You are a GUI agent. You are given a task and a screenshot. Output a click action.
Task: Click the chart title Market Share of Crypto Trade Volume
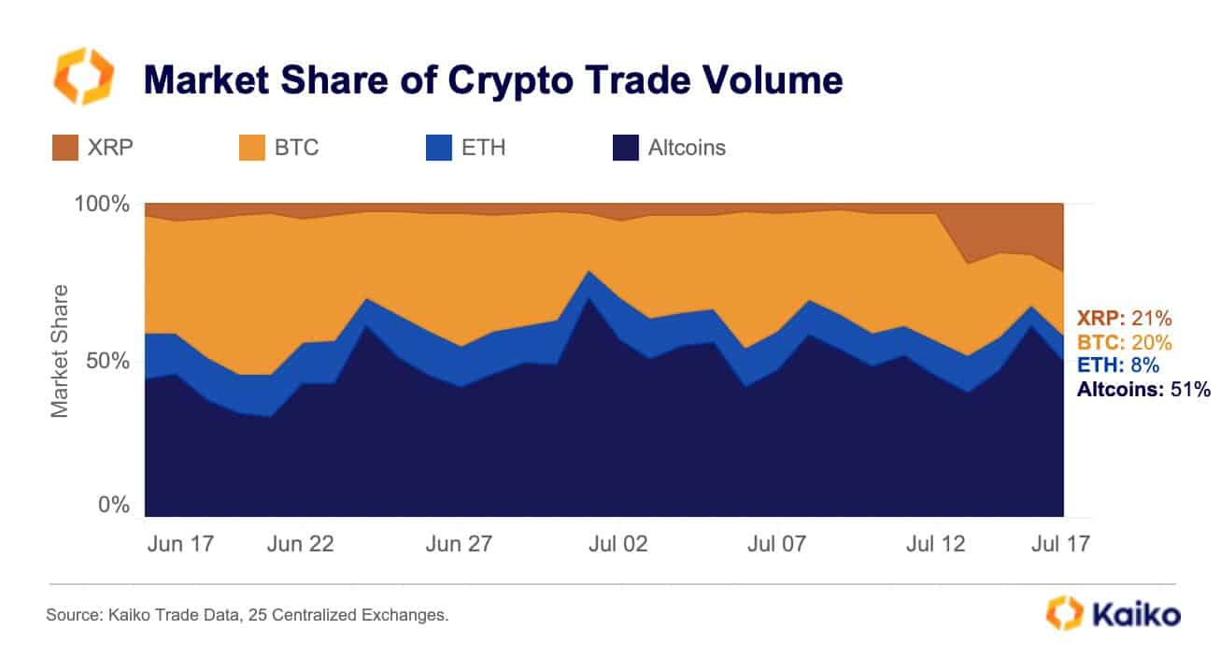click(x=492, y=80)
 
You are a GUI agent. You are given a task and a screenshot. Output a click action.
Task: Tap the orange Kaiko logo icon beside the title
click(x=84, y=76)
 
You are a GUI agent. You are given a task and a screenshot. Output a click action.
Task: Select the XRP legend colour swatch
click(x=65, y=148)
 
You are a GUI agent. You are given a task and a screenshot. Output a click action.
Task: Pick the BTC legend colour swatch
click(x=252, y=148)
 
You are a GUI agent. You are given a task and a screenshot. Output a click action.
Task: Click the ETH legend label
click(x=484, y=148)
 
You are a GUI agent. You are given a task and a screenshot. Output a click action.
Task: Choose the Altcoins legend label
click(x=687, y=148)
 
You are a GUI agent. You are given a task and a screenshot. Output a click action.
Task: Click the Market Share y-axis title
click(x=60, y=351)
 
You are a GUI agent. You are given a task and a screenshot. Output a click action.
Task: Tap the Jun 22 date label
click(x=300, y=544)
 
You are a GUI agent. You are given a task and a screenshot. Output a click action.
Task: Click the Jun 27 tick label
click(x=459, y=544)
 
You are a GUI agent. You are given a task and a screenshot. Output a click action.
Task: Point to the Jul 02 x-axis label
click(x=617, y=544)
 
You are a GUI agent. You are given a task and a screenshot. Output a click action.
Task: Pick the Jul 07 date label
click(x=774, y=544)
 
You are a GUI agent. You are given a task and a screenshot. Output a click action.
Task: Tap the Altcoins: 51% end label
click(x=1144, y=391)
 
